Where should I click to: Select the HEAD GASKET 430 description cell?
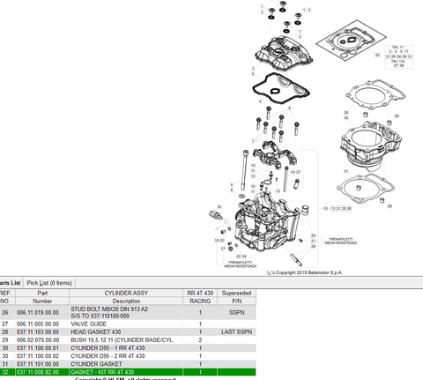pyautogui.click(x=128, y=332)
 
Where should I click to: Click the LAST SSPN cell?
pyautogui.click(x=237, y=332)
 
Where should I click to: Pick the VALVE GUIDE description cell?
pyautogui.click(x=128, y=324)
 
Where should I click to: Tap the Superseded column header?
pyautogui.click(x=237, y=291)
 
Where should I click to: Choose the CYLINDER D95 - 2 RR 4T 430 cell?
pyautogui.click(x=128, y=355)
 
